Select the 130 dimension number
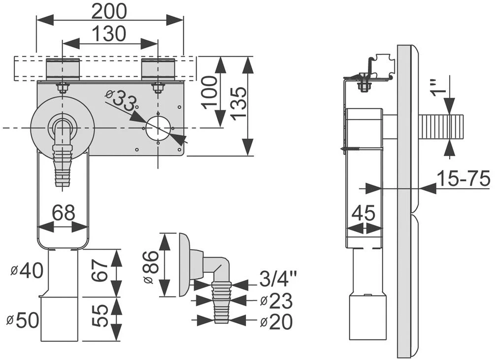click(x=109, y=33)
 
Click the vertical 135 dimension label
click(x=238, y=102)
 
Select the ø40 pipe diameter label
click(x=27, y=271)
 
